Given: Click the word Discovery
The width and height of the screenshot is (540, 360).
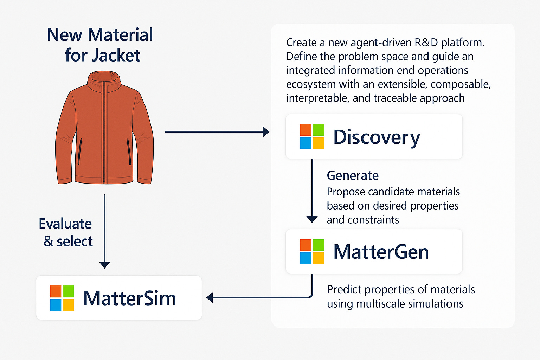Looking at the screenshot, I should pos(377,137).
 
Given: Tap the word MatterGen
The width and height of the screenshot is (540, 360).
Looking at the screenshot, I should pos(381,252).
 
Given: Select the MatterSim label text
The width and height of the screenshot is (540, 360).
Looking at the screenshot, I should pos(129,298).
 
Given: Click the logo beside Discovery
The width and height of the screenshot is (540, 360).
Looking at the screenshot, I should pos(312,136).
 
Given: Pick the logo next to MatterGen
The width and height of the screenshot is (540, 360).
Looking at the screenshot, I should pos(312,252).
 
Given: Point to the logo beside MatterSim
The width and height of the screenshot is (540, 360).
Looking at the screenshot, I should pos(62,298).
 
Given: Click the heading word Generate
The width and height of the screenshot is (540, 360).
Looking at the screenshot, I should pos(353,175).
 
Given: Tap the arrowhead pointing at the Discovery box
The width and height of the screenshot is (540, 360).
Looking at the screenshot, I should pos(266,132).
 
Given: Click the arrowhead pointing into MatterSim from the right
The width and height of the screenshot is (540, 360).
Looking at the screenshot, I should pos(210,298).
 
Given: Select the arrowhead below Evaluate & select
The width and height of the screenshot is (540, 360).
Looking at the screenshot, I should pos(104,265).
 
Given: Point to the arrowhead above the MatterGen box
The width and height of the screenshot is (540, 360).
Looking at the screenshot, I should pos(312,219).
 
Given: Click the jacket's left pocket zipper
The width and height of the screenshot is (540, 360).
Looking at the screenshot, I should pos(80,152).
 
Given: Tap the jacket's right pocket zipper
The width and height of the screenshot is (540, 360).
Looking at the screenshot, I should pos(129,152).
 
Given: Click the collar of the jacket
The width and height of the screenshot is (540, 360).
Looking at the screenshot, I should pos(104,81).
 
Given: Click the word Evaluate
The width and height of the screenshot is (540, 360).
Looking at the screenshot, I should pos(65,224).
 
